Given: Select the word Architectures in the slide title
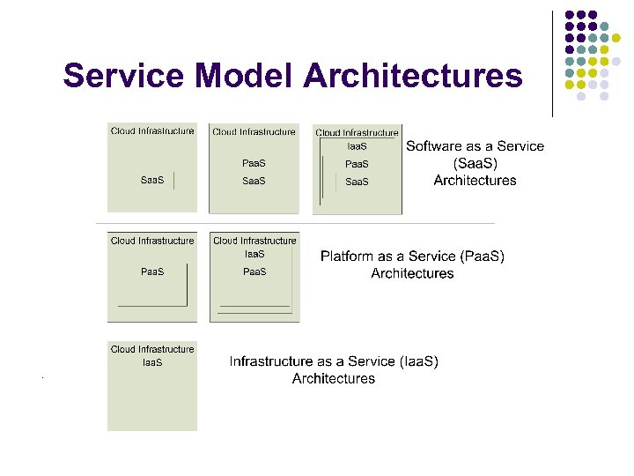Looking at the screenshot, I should click(x=413, y=76).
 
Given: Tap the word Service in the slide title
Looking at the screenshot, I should click(x=117, y=76).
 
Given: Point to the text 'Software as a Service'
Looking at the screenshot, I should click(x=475, y=146).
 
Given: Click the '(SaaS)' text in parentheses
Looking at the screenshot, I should click(x=475, y=163).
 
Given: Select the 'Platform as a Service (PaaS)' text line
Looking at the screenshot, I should click(x=412, y=257).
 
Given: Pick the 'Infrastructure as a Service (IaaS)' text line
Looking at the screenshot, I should click(x=334, y=361).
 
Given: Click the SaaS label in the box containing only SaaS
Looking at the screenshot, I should click(x=152, y=181).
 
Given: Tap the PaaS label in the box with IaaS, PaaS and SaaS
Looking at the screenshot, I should click(x=357, y=164).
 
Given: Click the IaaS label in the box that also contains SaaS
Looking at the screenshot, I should click(x=357, y=146).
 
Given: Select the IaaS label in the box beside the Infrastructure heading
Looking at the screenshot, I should click(x=152, y=362).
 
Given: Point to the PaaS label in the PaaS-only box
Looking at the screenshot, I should click(x=152, y=271).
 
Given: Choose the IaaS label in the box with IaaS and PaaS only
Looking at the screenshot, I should click(x=254, y=254).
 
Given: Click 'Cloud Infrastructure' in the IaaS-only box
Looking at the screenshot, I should click(x=152, y=349).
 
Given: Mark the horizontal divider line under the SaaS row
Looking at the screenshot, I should click(x=295, y=223).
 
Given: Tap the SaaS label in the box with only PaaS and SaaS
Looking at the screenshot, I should click(x=254, y=181).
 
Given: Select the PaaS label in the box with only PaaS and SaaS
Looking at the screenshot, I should click(x=254, y=163).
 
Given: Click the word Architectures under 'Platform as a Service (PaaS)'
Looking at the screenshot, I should click(x=412, y=273).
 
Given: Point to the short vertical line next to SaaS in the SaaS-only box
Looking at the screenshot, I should click(x=174, y=181).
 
